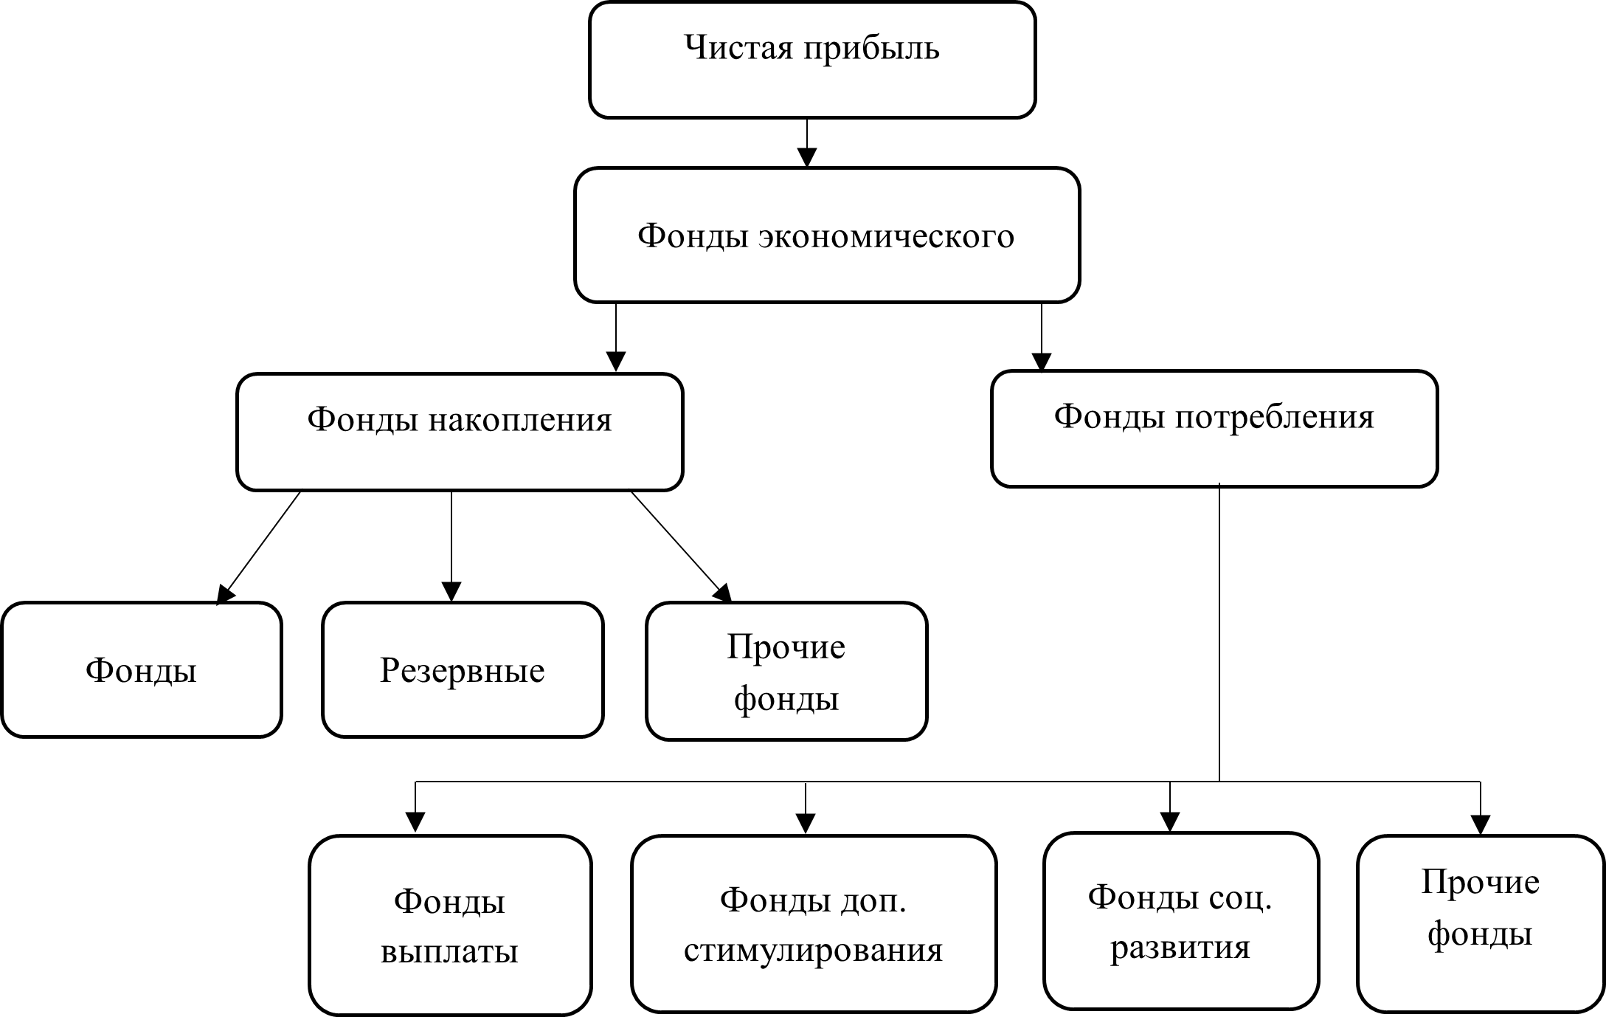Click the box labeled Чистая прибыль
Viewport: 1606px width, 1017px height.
tap(812, 61)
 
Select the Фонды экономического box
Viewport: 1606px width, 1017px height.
tap(827, 235)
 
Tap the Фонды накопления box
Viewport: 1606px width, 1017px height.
tap(460, 432)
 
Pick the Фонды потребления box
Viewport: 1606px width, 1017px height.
tap(1214, 429)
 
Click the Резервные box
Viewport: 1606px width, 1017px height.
tap(463, 670)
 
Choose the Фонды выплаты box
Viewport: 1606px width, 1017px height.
tap(450, 925)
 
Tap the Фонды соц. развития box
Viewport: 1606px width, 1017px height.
tap(1181, 921)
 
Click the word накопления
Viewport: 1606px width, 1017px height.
tap(521, 421)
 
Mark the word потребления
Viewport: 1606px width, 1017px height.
tap(1275, 418)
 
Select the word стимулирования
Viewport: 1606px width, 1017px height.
tap(814, 951)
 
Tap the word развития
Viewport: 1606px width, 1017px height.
tap(1181, 948)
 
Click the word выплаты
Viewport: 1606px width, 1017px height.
tap(450, 952)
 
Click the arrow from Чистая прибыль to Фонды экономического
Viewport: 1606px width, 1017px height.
tap(808, 143)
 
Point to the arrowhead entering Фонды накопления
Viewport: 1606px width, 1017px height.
tap(616, 361)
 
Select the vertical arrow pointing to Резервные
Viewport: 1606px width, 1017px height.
tap(451, 547)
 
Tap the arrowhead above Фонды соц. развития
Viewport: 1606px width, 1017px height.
tap(1170, 821)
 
